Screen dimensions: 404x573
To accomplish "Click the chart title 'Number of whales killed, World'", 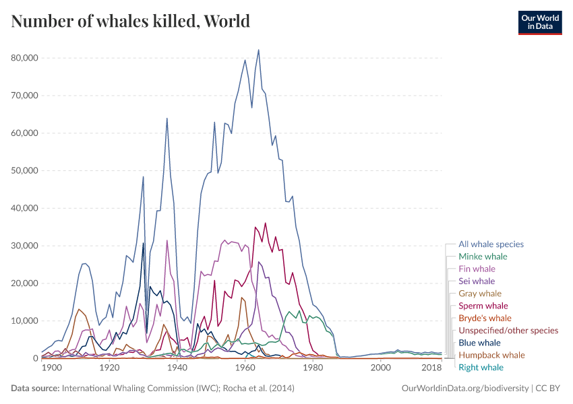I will point(131,22).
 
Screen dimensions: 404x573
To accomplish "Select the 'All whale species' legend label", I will point(491,244).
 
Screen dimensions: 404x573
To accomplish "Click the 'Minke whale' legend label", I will point(483,257).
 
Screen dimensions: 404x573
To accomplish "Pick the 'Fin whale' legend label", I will point(477,269).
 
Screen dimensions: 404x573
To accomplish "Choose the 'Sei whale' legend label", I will point(477,281).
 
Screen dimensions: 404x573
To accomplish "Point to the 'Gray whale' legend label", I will point(480,294).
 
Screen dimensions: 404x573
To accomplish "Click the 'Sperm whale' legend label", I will point(483,306).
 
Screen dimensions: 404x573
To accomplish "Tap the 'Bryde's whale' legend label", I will point(485,318).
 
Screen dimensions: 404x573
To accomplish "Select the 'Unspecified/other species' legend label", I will point(508,331).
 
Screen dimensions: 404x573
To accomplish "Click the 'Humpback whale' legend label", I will point(491,355).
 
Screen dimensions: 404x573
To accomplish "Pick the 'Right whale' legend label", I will point(481,367).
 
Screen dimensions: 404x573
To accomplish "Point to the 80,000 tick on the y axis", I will point(24,58).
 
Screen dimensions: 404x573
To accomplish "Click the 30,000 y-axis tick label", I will point(24,246).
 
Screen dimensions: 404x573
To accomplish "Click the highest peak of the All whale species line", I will point(258,50).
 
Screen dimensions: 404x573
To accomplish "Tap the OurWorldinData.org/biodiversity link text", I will point(464,389).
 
